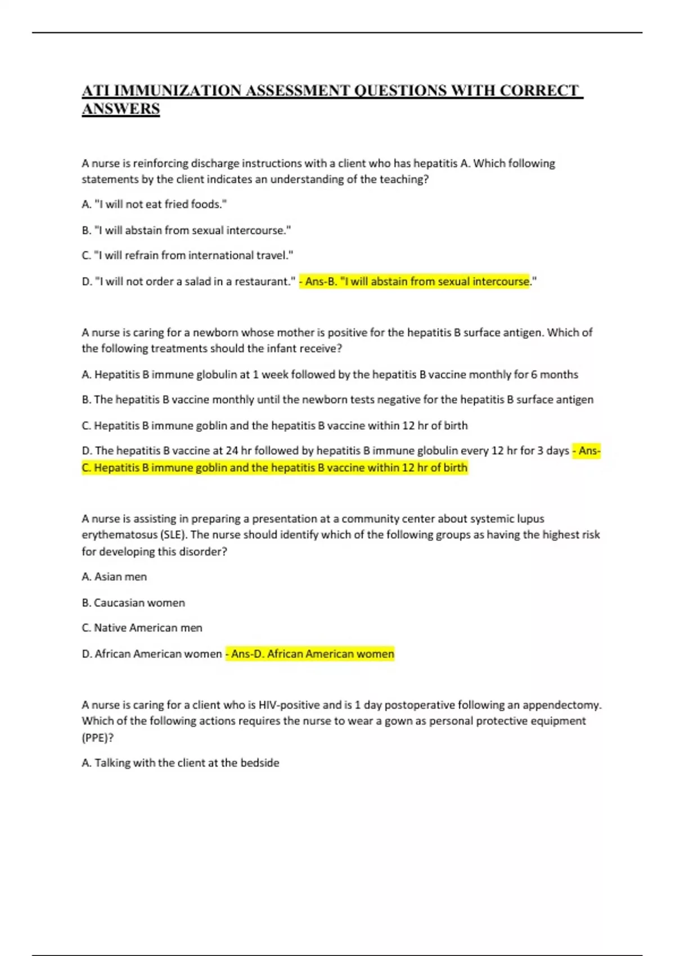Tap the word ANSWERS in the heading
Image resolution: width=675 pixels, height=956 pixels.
point(121,109)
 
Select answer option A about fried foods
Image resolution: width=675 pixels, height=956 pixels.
point(154,204)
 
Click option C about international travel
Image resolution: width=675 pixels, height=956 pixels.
point(187,255)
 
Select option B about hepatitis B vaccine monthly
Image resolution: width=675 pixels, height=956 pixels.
point(337,399)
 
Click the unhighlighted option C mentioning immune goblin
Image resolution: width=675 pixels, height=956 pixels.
point(274,426)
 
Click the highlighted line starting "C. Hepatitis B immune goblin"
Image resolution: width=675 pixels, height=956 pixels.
point(274,468)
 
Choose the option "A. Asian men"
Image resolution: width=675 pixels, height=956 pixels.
point(114,577)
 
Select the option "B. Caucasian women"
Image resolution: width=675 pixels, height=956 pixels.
point(133,603)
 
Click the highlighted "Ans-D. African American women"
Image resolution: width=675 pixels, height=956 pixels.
point(311,654)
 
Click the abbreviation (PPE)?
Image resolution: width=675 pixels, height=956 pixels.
point(98,738)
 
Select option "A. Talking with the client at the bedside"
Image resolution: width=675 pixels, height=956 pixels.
point(180,763)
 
